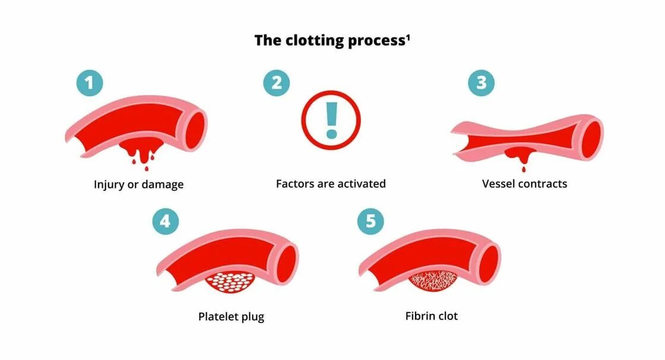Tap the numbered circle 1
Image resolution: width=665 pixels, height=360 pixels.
tap(89, 83)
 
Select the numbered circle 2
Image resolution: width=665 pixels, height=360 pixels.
tap(277, 83)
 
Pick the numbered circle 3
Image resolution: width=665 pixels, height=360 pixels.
tap(481, 83)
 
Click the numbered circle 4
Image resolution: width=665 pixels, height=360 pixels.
tap(166, 222)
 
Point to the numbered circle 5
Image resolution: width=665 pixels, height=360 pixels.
tap(370, 222)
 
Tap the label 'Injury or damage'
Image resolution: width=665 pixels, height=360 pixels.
tap(138, 184)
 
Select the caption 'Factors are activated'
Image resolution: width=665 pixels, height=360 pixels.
tap(331, 184)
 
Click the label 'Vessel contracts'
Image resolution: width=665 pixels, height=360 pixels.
tap(524, 184)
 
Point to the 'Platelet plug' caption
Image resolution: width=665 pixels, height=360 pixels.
tap(231, 317)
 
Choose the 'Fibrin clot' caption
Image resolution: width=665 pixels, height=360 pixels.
tap(432, 316)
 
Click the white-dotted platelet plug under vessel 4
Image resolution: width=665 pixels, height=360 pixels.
tap(232, 282)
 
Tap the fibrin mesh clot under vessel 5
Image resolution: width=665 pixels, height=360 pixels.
tap(433, 282)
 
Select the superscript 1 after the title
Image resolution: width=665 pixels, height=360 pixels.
tap(408, 37)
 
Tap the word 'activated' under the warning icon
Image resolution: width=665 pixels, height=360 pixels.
tap(360, 184)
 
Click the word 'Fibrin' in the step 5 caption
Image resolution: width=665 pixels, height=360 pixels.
tap(419, 316)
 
